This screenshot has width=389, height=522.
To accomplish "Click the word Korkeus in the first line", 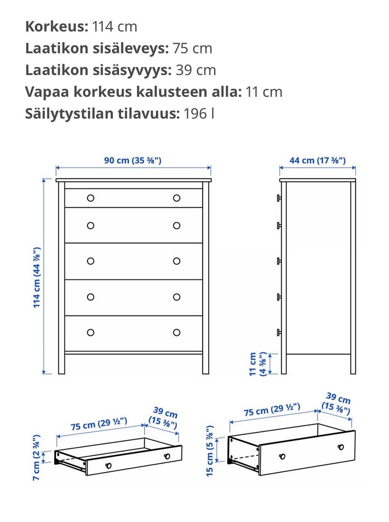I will [56, 27].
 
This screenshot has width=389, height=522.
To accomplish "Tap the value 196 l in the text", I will [199, 114].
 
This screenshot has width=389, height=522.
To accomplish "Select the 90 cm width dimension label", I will [133, 160].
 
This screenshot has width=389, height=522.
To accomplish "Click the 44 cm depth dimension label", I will [317, 160].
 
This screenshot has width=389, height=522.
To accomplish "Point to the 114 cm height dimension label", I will [37, 277].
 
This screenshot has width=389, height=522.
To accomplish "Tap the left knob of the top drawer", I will [91, 198].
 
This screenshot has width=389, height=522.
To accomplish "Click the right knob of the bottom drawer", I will [177, 332].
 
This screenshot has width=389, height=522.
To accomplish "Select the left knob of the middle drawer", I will [91, 261].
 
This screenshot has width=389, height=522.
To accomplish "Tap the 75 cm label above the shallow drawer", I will [99, 424].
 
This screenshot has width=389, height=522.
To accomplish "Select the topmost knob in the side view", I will [279, 198].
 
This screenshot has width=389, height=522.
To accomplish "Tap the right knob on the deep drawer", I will [341, 447].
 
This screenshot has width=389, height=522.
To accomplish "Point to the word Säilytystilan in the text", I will [71, 114].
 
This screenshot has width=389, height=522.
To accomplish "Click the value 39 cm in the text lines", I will [196, 70].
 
